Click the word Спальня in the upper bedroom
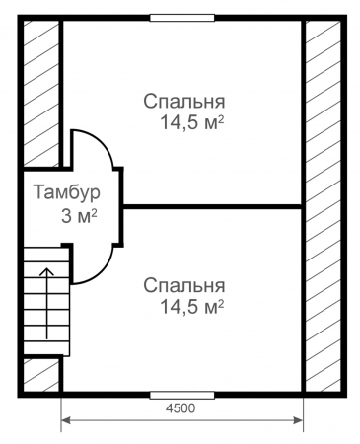184,102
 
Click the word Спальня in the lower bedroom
184,285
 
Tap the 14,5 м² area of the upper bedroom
192,122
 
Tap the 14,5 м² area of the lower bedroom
192,307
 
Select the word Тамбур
67,192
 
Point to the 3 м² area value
79,217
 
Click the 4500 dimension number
180,408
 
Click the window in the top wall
182,18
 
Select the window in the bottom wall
182,395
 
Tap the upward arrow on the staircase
47,303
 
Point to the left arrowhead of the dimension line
66,420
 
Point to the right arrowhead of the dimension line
298,420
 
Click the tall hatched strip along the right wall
324,206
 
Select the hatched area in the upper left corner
41,93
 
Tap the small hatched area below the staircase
41,375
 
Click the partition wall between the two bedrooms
213,206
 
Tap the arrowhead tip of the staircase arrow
47,267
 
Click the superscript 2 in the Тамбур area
95,213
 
